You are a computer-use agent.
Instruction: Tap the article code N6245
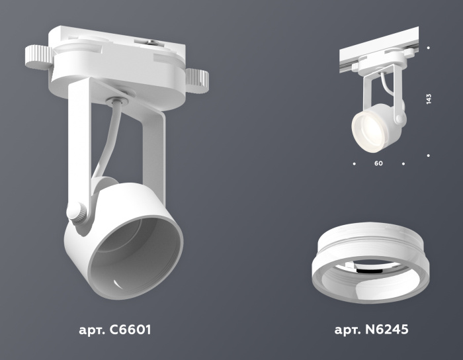(x=383, y=329)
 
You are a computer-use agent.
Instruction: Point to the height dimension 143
(x=429, y=100)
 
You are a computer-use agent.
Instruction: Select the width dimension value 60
(x=378, y=163)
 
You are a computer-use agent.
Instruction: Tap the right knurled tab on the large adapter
(x=196, y=81)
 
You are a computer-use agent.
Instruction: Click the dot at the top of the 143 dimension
(x=429, y=48)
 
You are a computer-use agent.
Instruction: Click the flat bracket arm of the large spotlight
(x=78, y=146)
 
